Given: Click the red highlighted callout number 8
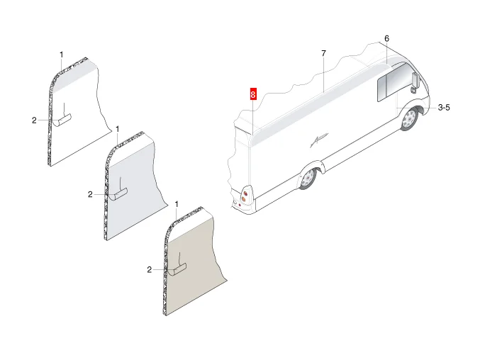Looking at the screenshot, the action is (253, 94).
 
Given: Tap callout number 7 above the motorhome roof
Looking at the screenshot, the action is (323, 53).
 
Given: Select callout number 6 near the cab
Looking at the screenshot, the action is (386, 39).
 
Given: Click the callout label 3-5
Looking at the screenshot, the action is (444, 108).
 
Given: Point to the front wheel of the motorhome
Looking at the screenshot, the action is (410, 118).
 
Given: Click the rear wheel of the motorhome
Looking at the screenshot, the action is (308, 179).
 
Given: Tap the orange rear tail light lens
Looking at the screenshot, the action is (244, 199).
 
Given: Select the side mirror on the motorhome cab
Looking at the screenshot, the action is (415, 80).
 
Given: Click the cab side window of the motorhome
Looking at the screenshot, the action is (391, 82).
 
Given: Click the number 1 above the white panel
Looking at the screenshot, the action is (61, 55).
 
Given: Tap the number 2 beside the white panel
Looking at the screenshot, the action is (34, 120).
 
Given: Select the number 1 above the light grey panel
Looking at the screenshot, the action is (117, 129).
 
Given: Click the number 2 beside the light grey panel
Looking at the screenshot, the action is (90, 194).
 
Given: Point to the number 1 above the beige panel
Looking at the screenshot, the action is (177, 204).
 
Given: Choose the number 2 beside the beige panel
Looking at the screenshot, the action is (150, 270).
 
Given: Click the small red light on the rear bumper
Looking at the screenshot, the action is (240, 206).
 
